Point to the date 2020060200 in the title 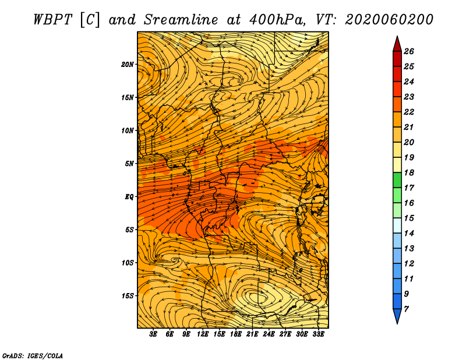pos(389,19)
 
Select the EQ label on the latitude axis pos(130,197)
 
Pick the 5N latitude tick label pos(130,164)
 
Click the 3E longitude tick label pos(154,334)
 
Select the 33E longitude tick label pos(319,334)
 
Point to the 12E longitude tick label pos(203,334)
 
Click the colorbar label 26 pos(408,51)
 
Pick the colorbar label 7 pos(406,309)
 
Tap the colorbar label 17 pos(408,188)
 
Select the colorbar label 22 pos(408,112)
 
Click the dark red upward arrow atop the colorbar pos(397,43)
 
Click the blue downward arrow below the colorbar pos(397,316)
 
